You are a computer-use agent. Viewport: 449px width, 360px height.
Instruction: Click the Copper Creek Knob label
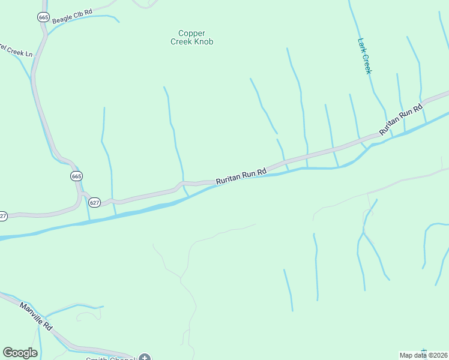point(191,37)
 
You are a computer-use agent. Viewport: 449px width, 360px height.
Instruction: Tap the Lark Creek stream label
point(365,56)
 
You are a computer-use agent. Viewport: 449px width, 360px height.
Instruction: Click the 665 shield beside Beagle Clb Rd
point(43,17)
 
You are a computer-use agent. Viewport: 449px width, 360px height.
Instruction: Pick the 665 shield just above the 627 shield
point(76,176)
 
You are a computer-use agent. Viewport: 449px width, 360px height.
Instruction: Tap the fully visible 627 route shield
point(95,203)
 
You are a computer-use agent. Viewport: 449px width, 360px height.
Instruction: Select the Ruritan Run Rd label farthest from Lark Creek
point(241,176)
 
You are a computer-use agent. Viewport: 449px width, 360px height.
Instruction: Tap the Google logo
point(20,353)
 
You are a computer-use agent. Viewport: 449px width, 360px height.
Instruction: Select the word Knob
point(203,42)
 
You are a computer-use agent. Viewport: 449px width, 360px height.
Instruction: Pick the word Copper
point(191,33)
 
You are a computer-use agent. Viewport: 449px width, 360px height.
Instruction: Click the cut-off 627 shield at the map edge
point(2,216)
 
